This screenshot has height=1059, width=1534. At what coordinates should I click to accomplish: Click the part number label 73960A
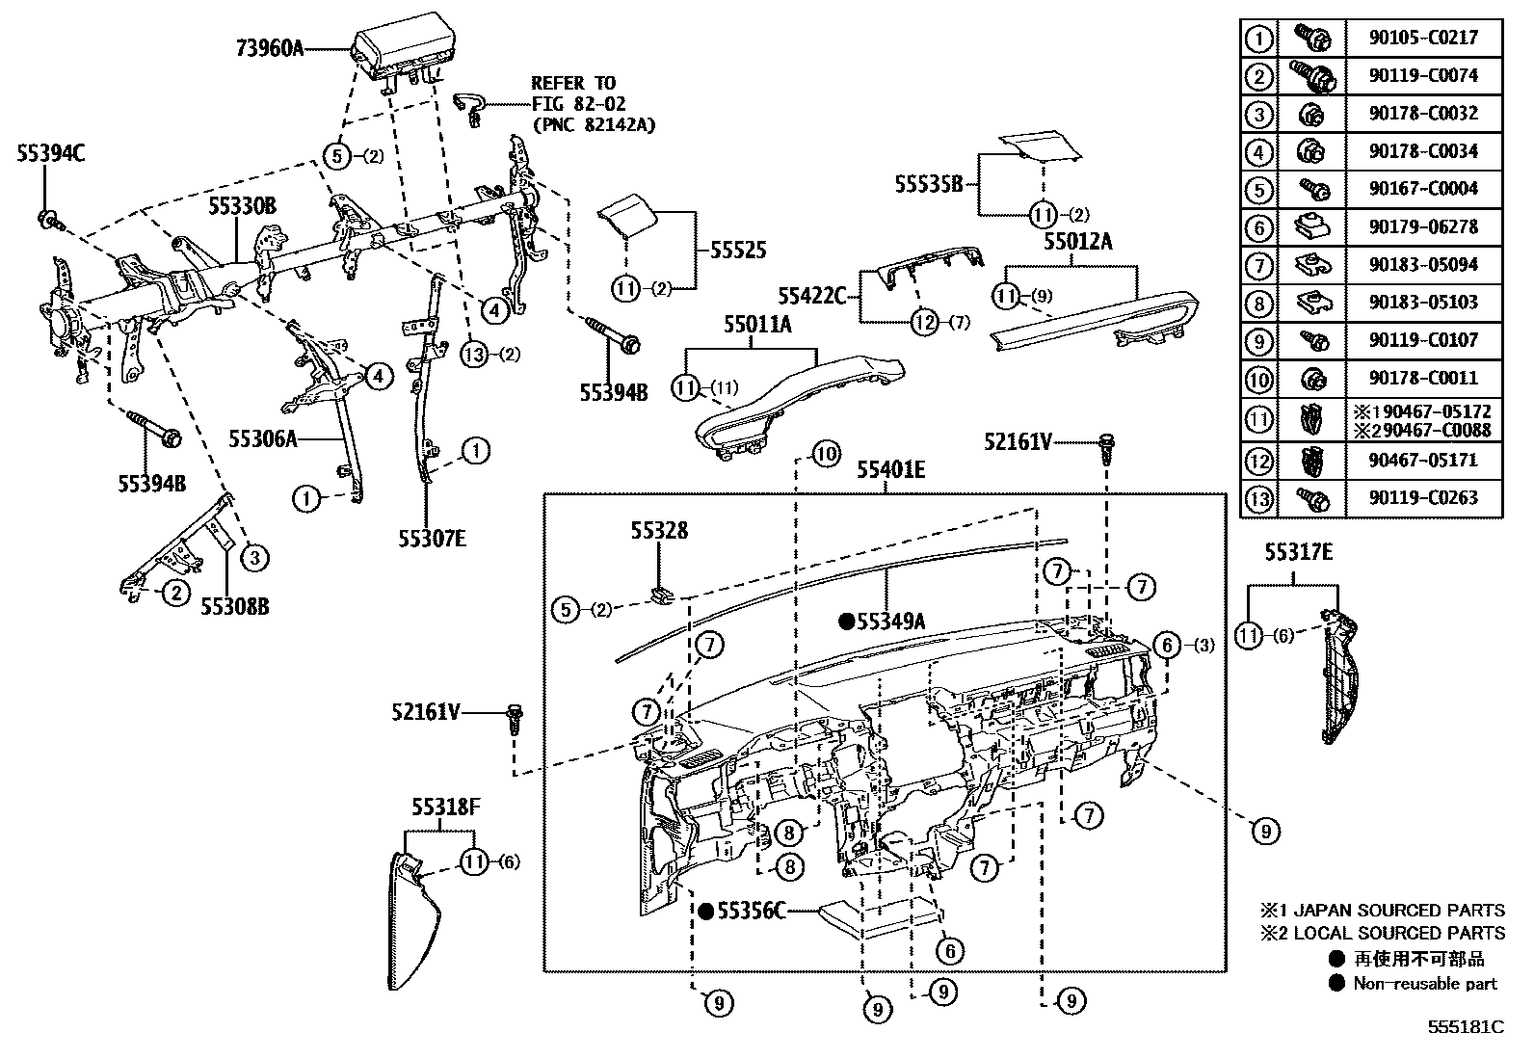[x=270, y=47]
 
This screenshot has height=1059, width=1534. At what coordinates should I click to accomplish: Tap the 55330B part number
[x=244, y=205]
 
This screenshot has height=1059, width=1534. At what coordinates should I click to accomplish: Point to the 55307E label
[x=433, y=539]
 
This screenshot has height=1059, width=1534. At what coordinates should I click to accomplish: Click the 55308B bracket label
[x=234, y=606]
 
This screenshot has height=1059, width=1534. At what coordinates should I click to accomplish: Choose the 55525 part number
[x=738, y=251]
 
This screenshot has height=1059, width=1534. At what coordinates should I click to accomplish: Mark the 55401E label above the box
[x=891, y=469]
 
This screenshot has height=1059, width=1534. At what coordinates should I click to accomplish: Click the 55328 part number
[x=660, y=531]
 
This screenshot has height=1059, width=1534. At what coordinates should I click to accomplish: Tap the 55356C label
[x=749, y=911]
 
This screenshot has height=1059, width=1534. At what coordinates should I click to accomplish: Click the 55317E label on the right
[x=1299, y=552]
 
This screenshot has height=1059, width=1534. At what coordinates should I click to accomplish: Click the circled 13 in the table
[x=1258, y=499]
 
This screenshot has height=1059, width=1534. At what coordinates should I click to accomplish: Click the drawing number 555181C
[x=1465, y=1027]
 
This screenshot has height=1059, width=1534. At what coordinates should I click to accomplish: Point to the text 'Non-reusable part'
[x=1425, y=984]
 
